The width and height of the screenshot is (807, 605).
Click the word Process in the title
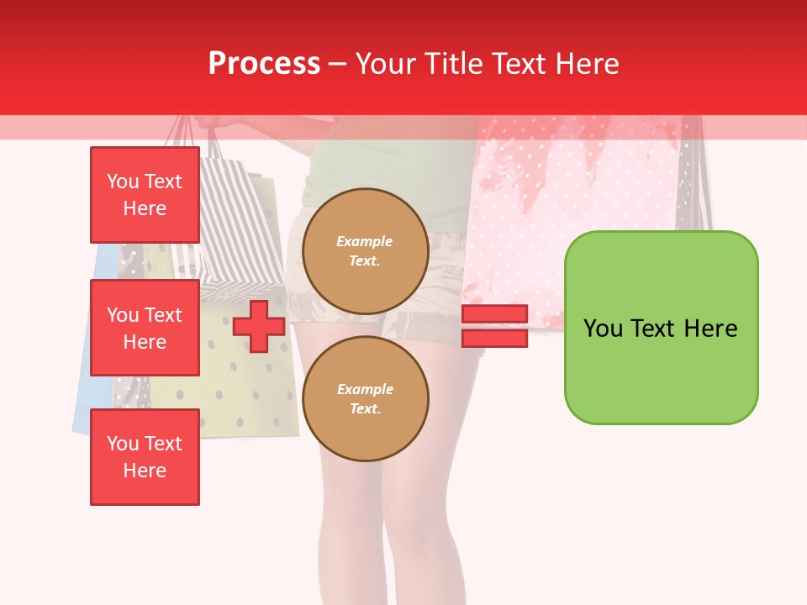(x=264, y=64)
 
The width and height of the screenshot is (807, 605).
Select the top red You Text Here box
(x=145, y=195)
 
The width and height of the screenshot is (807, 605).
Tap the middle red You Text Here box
(x=145, y=328)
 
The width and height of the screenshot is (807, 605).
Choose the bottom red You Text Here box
(x=145, y=457)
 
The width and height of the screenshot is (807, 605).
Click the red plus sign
(x=259, y=326)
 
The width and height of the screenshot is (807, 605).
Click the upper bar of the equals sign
(x=494, y=314)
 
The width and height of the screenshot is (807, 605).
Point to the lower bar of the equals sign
(x=494, y=338)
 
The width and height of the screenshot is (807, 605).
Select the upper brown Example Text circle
(x=365, y=251)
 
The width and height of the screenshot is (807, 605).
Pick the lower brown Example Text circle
(x=365, y=399)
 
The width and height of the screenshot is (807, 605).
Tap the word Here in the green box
(x=710, y=329)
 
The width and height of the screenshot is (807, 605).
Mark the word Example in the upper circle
(x=365, y=242)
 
